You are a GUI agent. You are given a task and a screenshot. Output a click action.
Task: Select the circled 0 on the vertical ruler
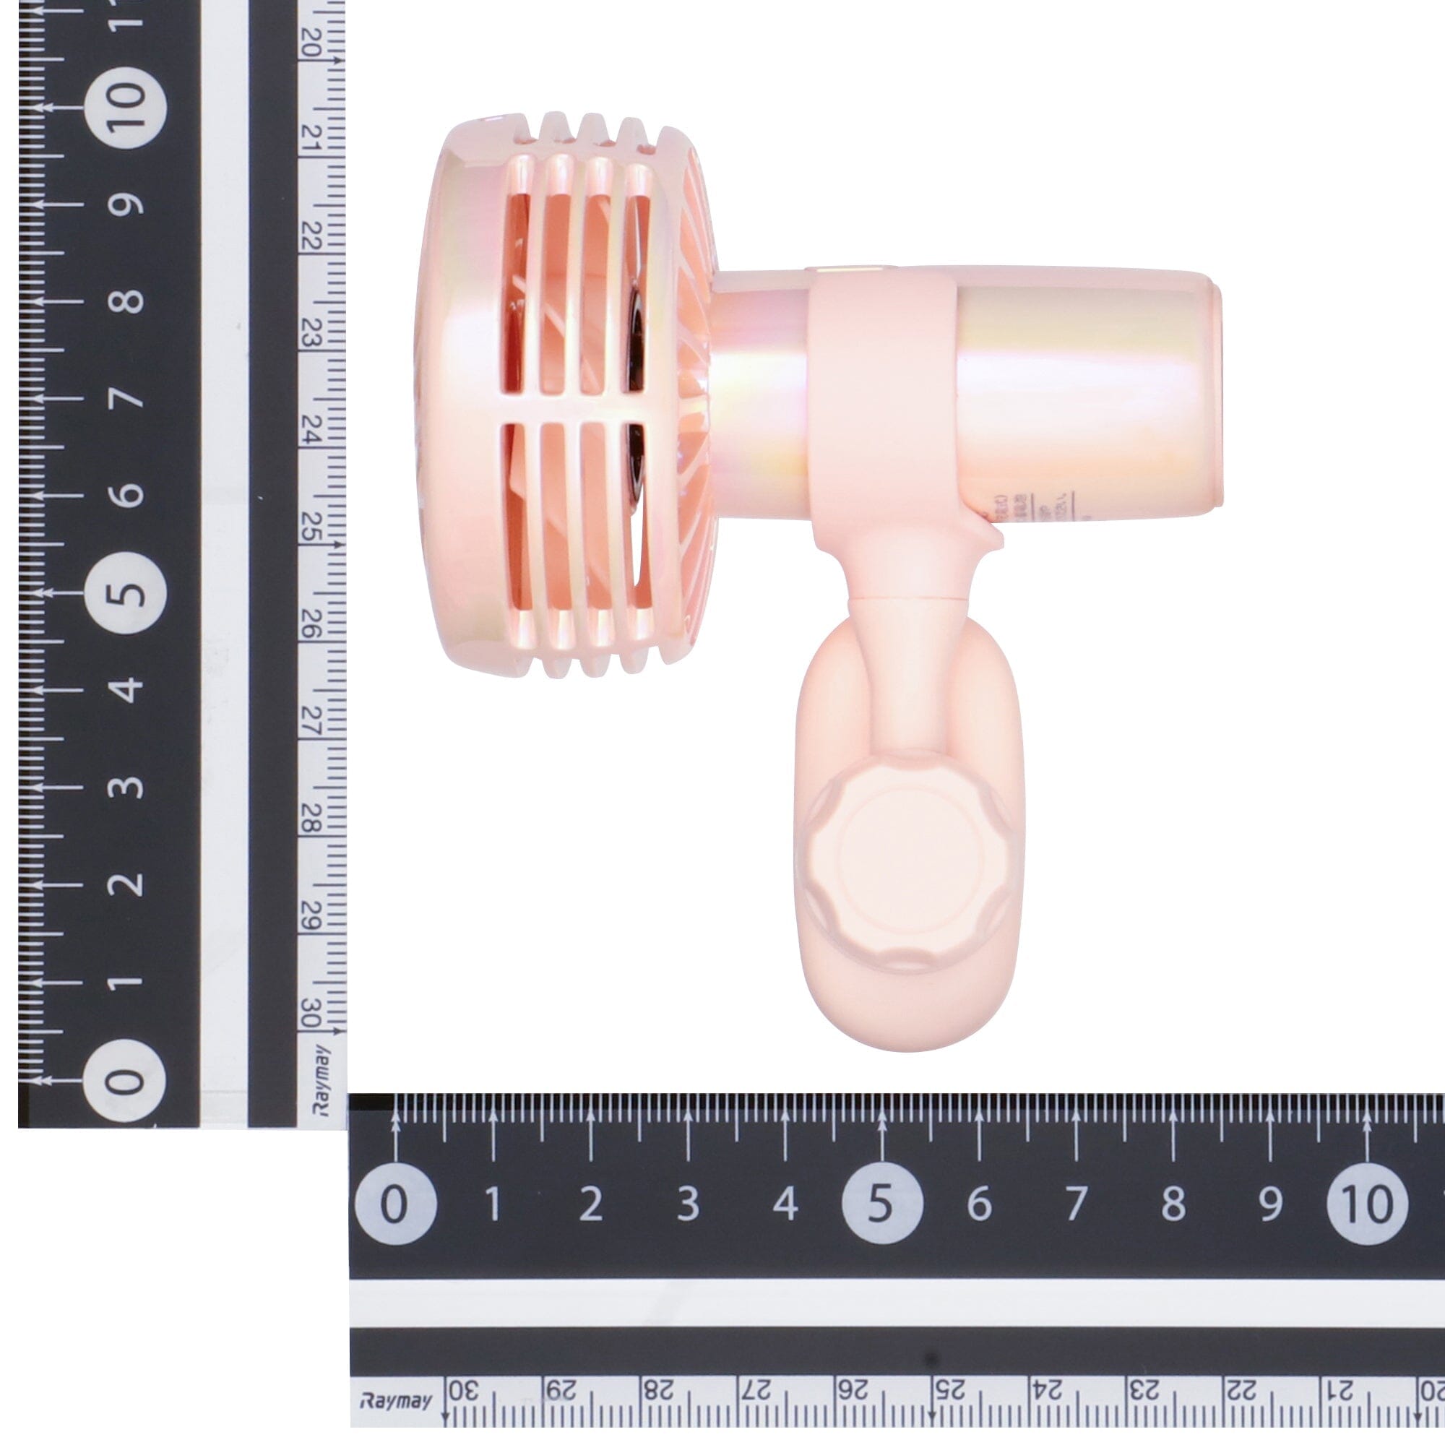(124, 1080)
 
